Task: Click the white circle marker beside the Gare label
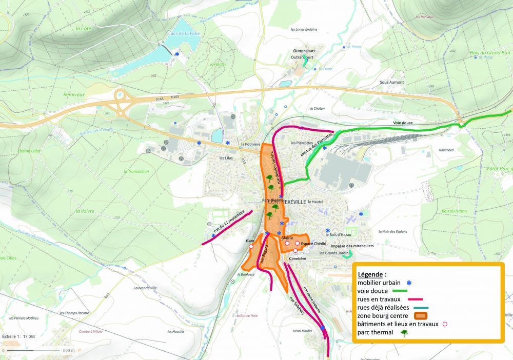pyautogui.click(x=251, y=247)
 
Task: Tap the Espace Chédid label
pyautogui.click(x=314, y=244)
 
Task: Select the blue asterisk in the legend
pyautogui.click(x=409, y=282)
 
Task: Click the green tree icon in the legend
pyautogui.click(x=405, y=332)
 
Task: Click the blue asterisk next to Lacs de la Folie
pyautogui.click(x=177, y=54)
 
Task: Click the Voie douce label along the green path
pyautogui.click(x=403, y=123)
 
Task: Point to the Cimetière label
pyautogui.click(x=298, y=259)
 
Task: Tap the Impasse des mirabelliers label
pyautogui.click(x=352, y=246)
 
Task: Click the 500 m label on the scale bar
pyautogui.click(x=69, y=350)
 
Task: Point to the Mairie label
pyautogui.click(x=287, y=238)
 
